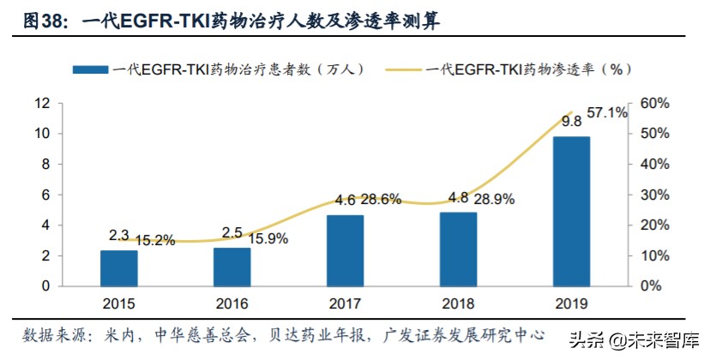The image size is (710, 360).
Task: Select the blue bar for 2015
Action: pyautogui.click(x=118, y=268)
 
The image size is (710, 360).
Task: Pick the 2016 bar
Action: pyautogui.click(x=232, y=267)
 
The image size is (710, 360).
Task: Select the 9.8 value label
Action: pyautogui.click(x=571, y=121)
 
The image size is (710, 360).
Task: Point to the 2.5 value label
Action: pyautogui.click(x=231, y=233)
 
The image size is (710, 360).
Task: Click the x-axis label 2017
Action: pyautogui.click(x=344, y=303)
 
